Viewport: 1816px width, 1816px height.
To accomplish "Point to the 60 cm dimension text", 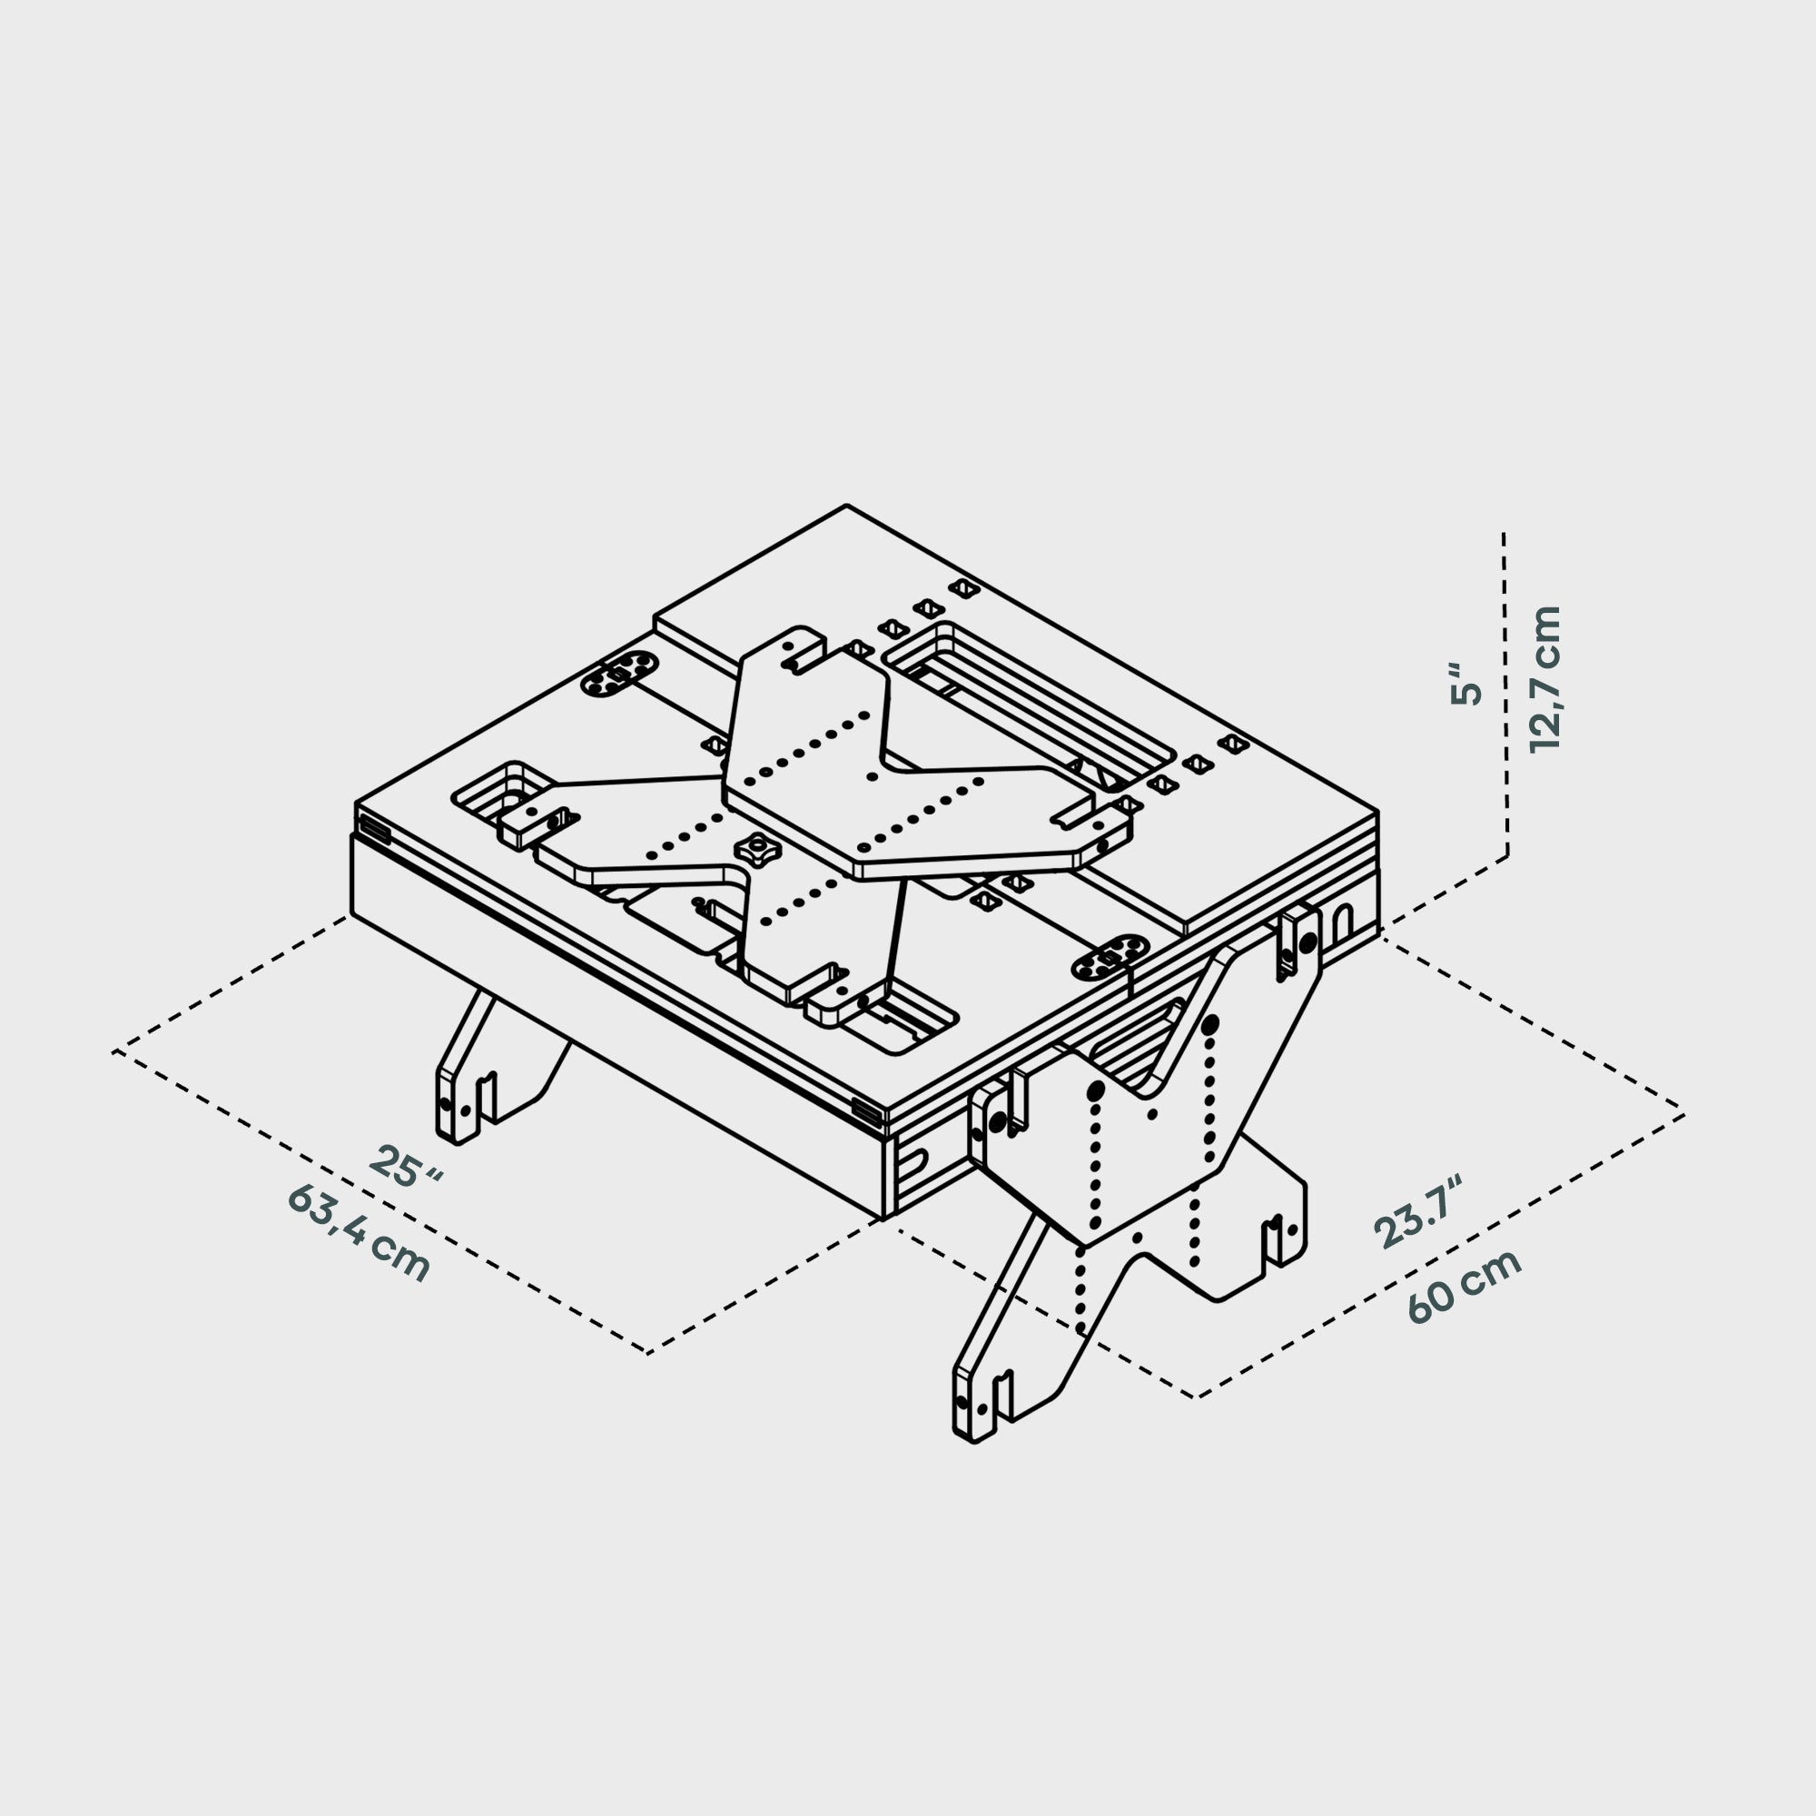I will pyautogui.click(x=1464, y=1287).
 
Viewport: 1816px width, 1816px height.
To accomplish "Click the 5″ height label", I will pyautogui.click(x=1466, y=685).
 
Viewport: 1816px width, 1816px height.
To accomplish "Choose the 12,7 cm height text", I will pyautogui.click(x=1545, y=678).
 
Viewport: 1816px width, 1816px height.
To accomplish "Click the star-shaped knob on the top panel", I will pyautogui.click(x=758, y=851).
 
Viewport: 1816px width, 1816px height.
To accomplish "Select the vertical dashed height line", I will pyautogui.click(x=1505, y=696).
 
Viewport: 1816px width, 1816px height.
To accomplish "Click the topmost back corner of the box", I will pyautogui.click(x=847, y=506).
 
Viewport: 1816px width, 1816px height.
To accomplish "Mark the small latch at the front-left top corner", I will pyautogui.click(x=375, y=831).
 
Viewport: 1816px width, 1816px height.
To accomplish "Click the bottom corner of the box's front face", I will pyautogui.click(x=883, y=1219).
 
